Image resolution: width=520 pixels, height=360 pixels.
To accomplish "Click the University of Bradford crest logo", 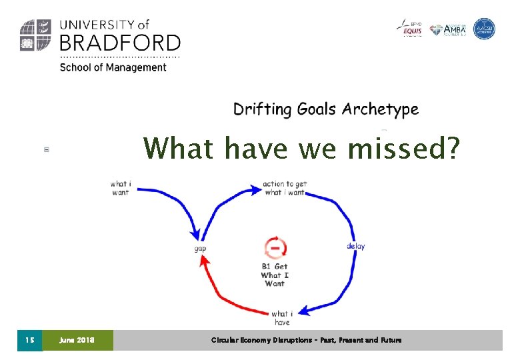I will click(36, 35).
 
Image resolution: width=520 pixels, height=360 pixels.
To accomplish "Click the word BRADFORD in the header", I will click(120, 43).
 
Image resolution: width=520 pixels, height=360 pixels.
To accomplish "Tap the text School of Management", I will click(113, 67).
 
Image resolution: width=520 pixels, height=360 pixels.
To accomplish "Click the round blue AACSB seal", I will click(484, 29).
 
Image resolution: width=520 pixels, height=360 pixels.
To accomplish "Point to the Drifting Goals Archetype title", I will click(326, 109).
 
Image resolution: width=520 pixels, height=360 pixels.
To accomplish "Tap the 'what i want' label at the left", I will click(120, 187).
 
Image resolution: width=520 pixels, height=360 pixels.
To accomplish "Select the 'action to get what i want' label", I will click(284, 187).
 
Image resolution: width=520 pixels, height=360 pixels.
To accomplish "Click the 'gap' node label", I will click(199, 248).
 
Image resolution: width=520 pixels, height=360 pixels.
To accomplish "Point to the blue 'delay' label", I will click(355, 246).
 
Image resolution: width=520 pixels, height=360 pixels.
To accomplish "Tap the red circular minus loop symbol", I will click(275, 248).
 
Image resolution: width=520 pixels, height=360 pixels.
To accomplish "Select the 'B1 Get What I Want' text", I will click(275, 275).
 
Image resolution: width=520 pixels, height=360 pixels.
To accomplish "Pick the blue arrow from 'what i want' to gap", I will click(180, 207).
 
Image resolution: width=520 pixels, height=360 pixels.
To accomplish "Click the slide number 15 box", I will click(29, 340).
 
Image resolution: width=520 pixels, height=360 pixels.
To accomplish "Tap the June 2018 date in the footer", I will click(77, 340).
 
